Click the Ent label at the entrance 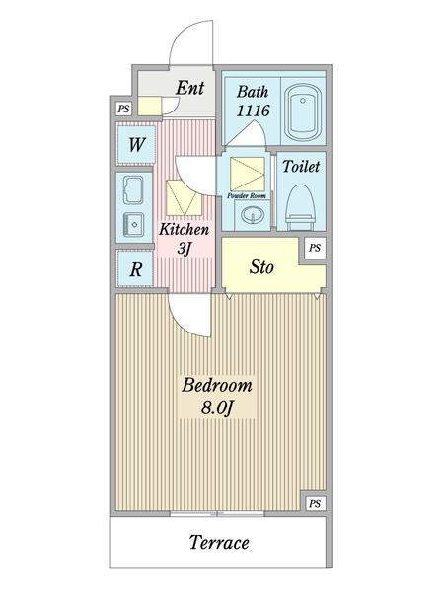(x=189, y=89)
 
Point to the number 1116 (x=253, y=111)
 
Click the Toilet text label (x=301, y=168)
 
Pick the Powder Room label (x=247, y=196)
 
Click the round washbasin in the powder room (x=247, y=216)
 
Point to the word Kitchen (x=184, y=231)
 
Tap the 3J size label (x=184, y=250)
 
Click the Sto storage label (x=260, y=267)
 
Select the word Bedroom (x=217, y=386)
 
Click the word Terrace (x=217, y=542)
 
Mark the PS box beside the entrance (x=123, y=109)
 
